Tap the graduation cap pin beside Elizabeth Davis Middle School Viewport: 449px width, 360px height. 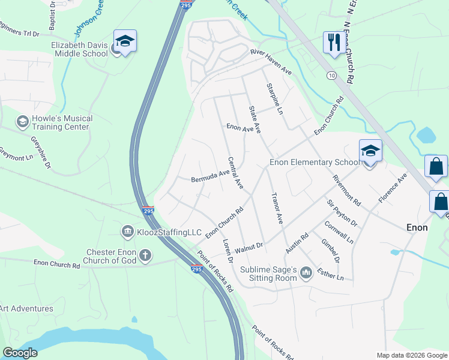pos(125,42)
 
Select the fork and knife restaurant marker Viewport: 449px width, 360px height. pos(332,43)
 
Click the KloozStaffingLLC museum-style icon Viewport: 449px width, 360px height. pos(127,232)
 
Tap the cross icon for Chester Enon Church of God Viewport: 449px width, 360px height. pos(145,256)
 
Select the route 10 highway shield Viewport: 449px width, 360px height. pos(331,75)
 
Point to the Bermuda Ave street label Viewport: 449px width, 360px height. pos(210,176)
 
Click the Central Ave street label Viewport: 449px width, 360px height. pos(235,173)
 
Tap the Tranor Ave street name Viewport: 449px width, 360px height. pos(277,208)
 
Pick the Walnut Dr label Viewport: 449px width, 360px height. pos(249,246)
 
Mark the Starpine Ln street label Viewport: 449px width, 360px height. pos(274,98)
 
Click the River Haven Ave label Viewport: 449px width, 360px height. pos(271,62)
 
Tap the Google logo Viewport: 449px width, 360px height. pos(20,353)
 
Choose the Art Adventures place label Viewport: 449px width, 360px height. pos(26,308)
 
